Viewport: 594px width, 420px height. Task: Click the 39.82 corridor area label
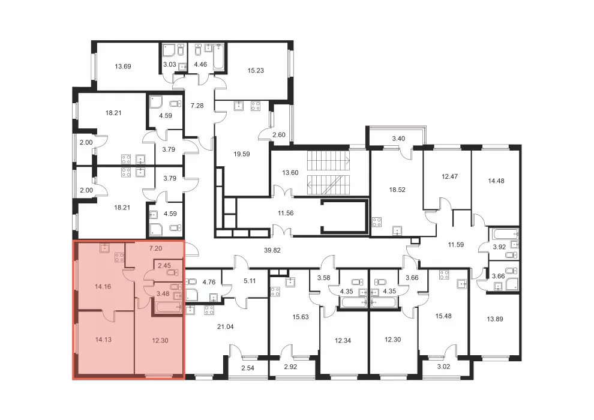tap(272, 250)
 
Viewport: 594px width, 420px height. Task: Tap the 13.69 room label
tap(123, 67)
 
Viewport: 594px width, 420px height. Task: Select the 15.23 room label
tap(256, 70)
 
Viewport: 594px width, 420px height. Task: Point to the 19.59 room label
tap(242, 154)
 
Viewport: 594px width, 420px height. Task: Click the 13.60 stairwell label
tap(290, 173)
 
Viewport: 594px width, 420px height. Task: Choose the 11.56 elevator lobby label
tap(286, 213)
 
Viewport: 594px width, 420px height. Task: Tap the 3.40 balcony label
tap(398, 139)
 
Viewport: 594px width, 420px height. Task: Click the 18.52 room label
tap(397, 190)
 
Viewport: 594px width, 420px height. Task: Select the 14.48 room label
tap(496, 181)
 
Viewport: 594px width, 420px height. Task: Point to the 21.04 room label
tap(226, 327)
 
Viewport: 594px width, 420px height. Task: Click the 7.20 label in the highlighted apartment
tap(155, 248)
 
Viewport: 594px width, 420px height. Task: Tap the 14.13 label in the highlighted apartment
tap(103, 340)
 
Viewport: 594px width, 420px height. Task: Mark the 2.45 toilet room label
tap(164, 266)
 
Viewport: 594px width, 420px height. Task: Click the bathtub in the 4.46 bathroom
tap(218, 57)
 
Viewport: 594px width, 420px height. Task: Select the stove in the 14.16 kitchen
tap(119, 257)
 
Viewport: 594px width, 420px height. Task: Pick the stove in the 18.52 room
tap(377, 221)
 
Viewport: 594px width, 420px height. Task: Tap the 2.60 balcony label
tap(279, 135)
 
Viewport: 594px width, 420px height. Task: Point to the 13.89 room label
tap(495, 319)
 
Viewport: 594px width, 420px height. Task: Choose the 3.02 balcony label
tap(443, 367)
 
